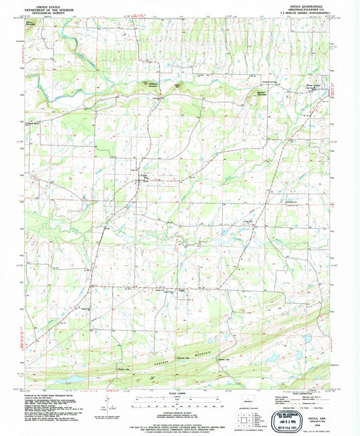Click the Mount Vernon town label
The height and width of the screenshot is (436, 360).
pos(310,86)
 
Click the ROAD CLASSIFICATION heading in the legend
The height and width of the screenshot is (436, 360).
pos(297,393)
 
